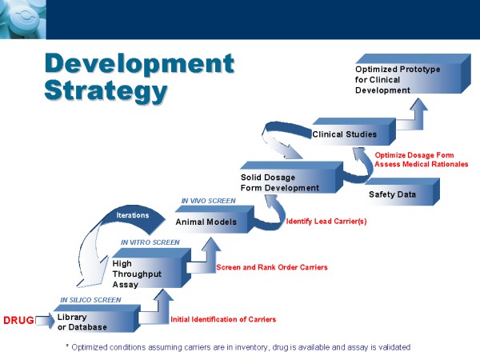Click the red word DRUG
click(18, 320)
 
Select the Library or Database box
click(97, 318)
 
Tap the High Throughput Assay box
click(152, 268)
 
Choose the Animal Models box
click(214, 219)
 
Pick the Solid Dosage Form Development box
click(292, 178)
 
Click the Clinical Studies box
click(354, 132)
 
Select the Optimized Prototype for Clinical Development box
click(413, 74)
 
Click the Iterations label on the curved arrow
click(133, 215)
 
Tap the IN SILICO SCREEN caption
click(90, 300)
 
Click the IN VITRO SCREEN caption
click(150, 242)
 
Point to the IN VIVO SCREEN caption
click(209, 201)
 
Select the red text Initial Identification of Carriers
click(223, 319)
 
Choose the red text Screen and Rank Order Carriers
click(272, 267)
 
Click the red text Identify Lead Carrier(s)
click(326, 222)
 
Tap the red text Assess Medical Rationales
click(422, 164)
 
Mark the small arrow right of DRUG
click(45, 321)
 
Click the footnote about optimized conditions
click(238, 347)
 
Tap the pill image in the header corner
click(23, 19)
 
